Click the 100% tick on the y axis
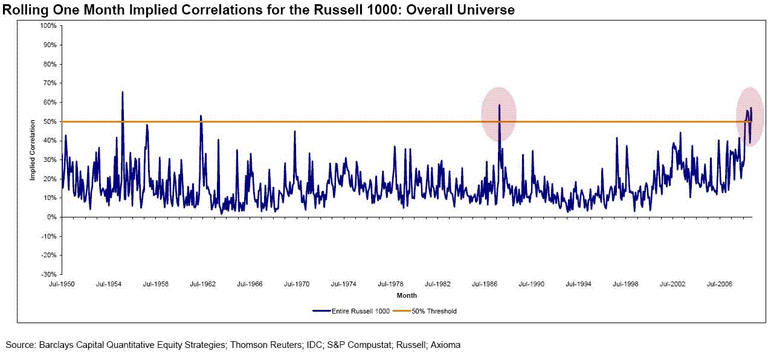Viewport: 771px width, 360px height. [48, 25]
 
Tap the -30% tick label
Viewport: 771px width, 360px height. [48, 274]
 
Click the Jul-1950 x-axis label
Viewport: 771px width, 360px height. [62, 283]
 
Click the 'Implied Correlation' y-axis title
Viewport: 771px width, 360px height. [33, 150]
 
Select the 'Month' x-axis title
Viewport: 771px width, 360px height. [407, 295]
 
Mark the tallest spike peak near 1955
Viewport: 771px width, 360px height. [122, 92]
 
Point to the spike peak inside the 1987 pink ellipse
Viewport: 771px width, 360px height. [499, 105]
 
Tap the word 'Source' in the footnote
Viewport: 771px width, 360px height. [21, 345]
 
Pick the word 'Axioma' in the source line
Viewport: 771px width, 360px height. [444, 345]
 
